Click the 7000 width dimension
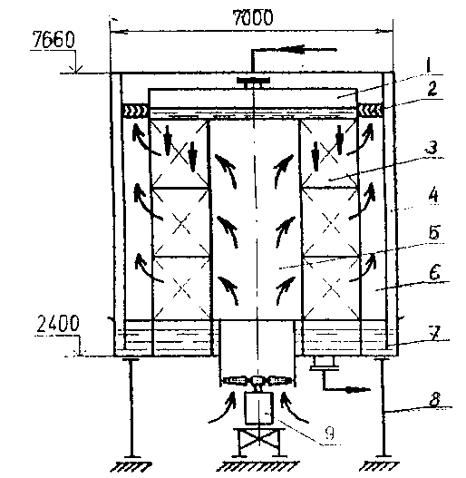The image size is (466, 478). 253,17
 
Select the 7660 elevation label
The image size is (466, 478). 53,40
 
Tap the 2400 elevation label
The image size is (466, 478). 58,323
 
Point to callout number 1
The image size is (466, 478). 429,65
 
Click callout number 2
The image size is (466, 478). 432,88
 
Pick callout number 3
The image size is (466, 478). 432,147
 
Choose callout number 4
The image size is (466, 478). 433,196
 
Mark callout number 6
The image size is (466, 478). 435,272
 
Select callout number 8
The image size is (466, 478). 435,399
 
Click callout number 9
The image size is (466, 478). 329,433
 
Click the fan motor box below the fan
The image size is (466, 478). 258,408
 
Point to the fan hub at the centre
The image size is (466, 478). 257,380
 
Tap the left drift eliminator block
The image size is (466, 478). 135,111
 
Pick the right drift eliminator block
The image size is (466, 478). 370,111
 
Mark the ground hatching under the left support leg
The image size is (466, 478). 131,467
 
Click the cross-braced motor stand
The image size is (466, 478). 258,442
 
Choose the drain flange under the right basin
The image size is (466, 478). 325,364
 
